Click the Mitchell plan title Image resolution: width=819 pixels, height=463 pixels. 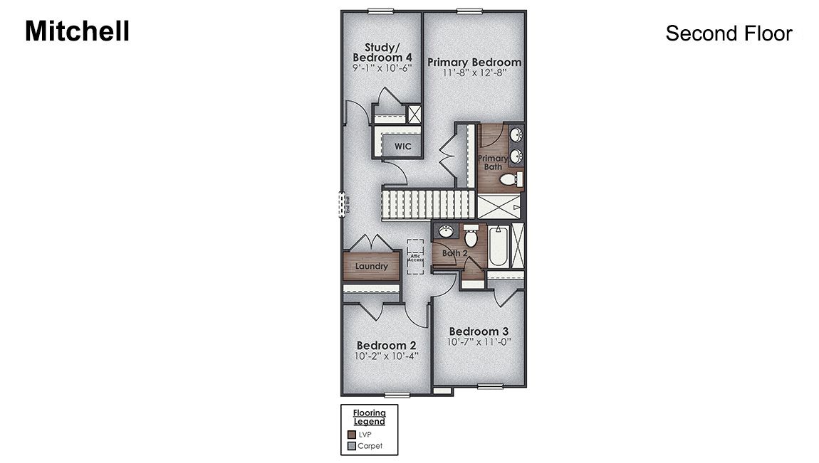pyautogui.click(x=77, y=31)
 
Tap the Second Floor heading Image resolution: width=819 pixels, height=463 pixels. pyautogui.click(x=729, y=33)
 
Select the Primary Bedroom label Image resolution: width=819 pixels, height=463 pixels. pyautogui.click(x=474, y=62)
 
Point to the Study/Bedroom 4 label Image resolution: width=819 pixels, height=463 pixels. pyautogui.click(x=382, y=52)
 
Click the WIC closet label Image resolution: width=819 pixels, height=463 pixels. pyautogui.click(x=402, y=147)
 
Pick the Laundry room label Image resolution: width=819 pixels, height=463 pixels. pyautogui.click(x=372, y=267)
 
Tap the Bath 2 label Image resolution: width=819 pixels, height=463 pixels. pyautogui.click(x=454, y=252)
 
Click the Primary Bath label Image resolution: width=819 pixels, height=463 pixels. pyautogui.click(x=492, y=162)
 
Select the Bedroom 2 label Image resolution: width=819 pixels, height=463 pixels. pyautogui.click(x=386, y=345)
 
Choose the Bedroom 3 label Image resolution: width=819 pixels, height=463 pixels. pyautogui.click(x=479, y=331)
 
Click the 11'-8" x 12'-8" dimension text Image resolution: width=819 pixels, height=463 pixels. pyautogui.click(x=474, y=73)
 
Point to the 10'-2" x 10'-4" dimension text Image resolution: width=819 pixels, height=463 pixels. pyautogui.click(x=386, y=356)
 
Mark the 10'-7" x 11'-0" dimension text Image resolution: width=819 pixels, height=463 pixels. pyautogui.click(x=479, y=342)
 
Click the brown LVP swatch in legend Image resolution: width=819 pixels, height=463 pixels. pyautogui.click(x=351, y=434)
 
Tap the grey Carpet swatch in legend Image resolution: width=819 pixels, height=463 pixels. pyautogui.click(x=351, y=446)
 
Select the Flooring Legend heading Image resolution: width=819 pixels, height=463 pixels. pyautogui.click(x=370, y=417)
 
